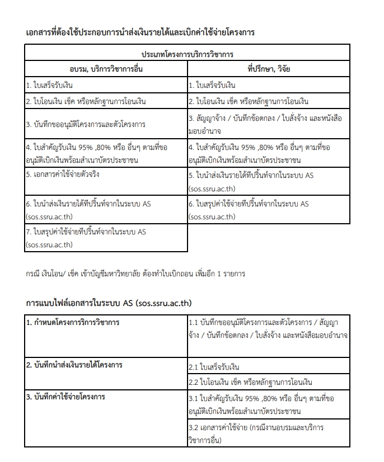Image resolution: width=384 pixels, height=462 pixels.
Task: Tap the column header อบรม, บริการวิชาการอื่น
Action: [x=106, y=69]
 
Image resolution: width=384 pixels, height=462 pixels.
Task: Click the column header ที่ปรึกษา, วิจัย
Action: [x=269, y=69]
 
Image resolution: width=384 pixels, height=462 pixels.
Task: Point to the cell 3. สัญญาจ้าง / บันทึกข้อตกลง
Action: [x=269, y=124]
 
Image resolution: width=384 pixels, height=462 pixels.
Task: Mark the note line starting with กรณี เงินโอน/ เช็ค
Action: [x=135, y=274]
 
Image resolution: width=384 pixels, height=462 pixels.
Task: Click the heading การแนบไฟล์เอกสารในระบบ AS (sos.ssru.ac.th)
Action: [x=109, y=303]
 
